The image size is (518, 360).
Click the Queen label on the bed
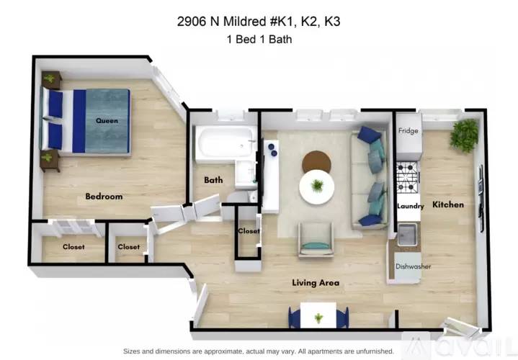tap(107, 121)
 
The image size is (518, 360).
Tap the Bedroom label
tap(104, 196)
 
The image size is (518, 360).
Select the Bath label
tap(213, 180)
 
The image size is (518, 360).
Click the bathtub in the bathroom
tap(225, 144)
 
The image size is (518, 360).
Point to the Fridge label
tap(409, 131)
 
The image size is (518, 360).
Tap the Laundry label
tap(410, 206)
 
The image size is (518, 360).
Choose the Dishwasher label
tap(413, 266)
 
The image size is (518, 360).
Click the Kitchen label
tap(447, 204)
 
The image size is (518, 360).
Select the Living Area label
tap(316, 283)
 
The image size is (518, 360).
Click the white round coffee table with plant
tap(317, 186)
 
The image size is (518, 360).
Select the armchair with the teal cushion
tap(316, 240)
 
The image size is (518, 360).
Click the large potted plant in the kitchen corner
tap(465, 135)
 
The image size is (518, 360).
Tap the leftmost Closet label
tap(73, 247)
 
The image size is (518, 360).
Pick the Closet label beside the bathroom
tap(249, 231)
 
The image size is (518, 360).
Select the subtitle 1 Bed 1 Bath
tap(259, 40)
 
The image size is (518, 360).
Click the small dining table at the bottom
tap(318, 315)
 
